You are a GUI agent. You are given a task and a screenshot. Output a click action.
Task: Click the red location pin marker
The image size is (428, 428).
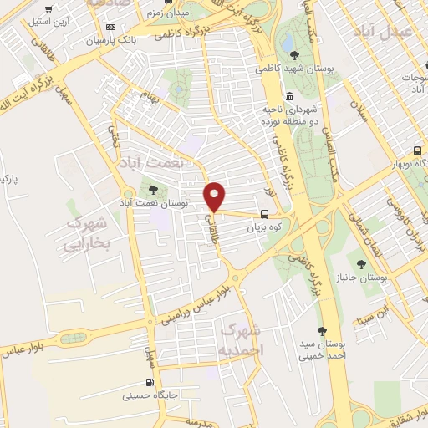click(216, 196)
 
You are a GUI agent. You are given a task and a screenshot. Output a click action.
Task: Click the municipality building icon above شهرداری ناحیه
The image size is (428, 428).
click(288, 94)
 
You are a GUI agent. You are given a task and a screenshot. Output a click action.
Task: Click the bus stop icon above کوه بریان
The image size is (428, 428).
click(264, 213)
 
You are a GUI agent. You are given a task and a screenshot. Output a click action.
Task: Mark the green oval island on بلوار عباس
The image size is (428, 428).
click(73, 339)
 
